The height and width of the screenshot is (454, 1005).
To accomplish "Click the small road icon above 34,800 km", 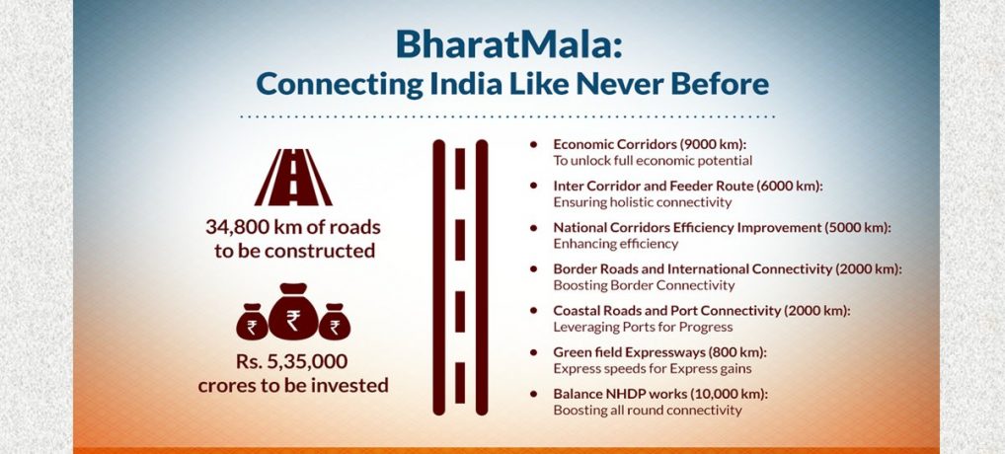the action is pyautogui.click(x=293, y=178).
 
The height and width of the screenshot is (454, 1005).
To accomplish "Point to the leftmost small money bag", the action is pyautogui.click(x=252, y=322).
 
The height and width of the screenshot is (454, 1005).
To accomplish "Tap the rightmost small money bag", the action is pyautogui.click(x=335, y=322).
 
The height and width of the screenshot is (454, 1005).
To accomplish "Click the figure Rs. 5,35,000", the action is pyautogui.click(x=291, y=362).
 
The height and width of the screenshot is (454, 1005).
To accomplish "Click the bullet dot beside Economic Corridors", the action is pyautogui.click(x=533, y=144).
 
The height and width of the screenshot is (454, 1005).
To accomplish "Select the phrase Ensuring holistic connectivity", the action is pyautogui.click(x=643, y=202).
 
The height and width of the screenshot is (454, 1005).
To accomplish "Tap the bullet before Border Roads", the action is pyautogui.click(x=533, y=268).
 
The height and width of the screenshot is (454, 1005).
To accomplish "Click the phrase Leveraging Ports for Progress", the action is pyautogui.click(x=643, y=328).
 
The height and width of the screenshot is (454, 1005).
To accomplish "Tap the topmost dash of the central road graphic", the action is pyautogui.click(x=460, y=169).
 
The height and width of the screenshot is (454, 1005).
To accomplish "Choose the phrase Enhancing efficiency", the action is pyautogui.click(x=615, y=244).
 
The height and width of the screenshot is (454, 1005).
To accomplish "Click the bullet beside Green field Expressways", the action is pyautogui.click(x=533, y=352).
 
